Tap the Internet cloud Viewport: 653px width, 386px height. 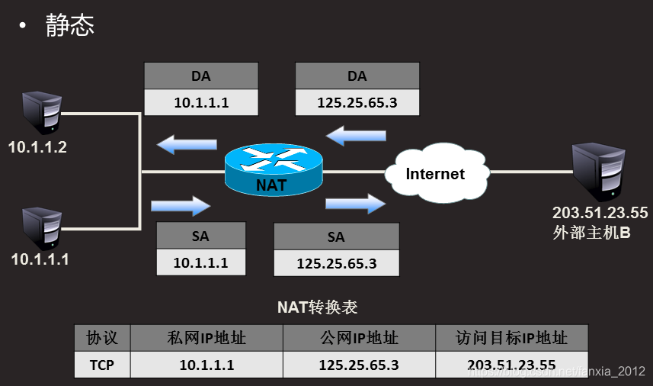click(435, 173)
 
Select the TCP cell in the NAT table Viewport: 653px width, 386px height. click(101, 365)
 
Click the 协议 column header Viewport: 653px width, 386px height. click(101, 338)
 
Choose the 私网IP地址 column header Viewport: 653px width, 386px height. click(206, 338)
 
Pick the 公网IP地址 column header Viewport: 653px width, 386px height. click(358, 338)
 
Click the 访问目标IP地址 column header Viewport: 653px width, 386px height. click(511, 338)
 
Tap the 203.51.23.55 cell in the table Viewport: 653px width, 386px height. click(511, 365)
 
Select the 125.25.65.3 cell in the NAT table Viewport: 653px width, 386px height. click(358, 365)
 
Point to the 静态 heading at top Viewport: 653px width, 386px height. click(70, 24)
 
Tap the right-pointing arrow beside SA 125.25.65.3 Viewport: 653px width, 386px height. click(356, 204)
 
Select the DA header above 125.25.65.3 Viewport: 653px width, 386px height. click(357, 76)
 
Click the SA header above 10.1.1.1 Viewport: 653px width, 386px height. click(201, 236)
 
